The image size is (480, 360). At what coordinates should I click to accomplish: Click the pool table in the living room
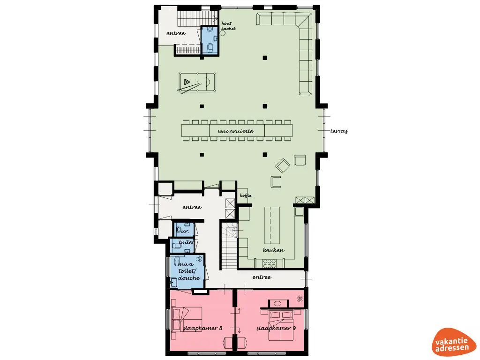pyautogui.click(x=197, y=82)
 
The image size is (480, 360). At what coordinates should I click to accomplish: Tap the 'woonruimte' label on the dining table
pyautogui.click(x=236, y=131)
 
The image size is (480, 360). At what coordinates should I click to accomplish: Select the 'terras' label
pyautogui.click(x=339, y=131)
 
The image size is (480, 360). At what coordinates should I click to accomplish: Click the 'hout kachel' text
pyautogui.click(x=228, y=26)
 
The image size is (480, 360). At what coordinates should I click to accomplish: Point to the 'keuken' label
pyautogui.click(x=273, y=250)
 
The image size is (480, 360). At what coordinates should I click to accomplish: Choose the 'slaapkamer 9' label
pyautogui.click(x=276, y=328)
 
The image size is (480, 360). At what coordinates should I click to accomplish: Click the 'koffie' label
pyautogui.click(x=246, y=195)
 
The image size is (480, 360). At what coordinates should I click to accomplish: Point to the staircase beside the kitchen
pyautogui.click(x=229, y=246)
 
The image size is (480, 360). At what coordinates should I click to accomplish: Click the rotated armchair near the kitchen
pyautogui.click(x=283, y=165)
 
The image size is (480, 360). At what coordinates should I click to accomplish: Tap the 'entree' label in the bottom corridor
pyautogui.click(x=262, y=277)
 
